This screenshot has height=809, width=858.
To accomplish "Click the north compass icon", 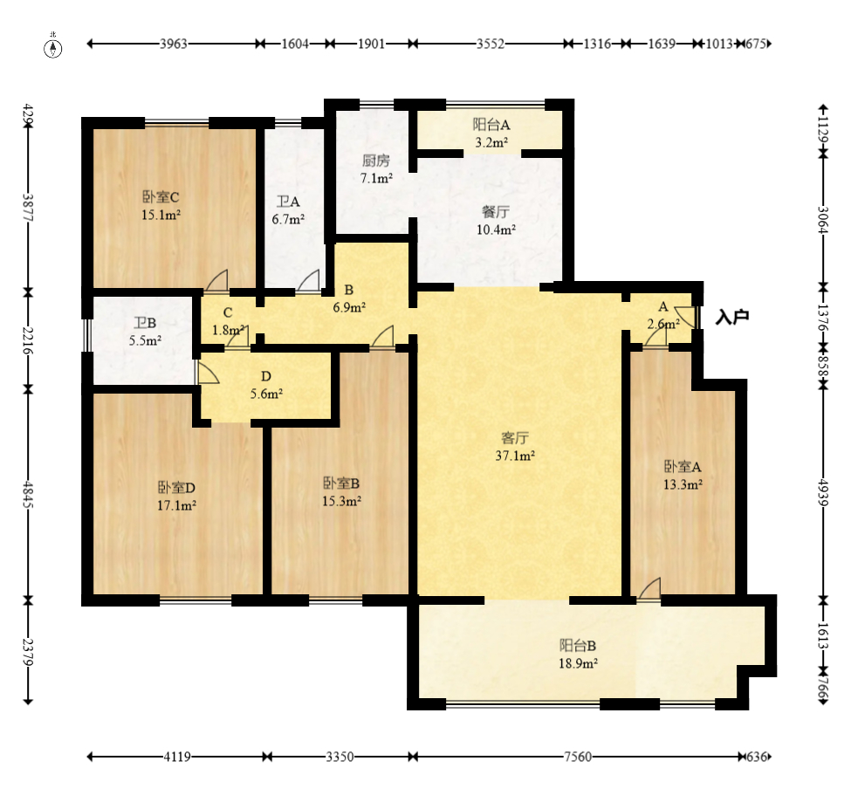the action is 53,48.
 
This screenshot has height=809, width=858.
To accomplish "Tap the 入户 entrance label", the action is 732,317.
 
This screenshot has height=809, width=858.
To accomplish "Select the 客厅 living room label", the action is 515,438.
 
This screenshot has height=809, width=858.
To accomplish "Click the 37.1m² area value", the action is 515,456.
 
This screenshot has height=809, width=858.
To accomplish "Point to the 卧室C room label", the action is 161,197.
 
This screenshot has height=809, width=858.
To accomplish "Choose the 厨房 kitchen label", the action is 376,161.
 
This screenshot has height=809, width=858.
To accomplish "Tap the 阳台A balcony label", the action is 491,126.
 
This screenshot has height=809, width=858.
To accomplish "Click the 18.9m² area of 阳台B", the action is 578,663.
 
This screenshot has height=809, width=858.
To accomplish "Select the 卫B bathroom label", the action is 145,323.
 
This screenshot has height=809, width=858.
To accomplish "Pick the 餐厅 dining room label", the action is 496,212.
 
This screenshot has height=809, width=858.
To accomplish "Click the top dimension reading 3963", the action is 174,44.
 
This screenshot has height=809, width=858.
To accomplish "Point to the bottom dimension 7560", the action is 578,757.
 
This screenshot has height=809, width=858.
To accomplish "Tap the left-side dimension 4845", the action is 28,495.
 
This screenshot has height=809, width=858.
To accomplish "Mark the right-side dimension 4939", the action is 824,495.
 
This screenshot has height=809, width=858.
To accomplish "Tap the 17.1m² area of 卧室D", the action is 176,506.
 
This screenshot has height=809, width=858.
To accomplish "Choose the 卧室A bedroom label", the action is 683,467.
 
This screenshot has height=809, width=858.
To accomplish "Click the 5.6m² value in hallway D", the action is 266,394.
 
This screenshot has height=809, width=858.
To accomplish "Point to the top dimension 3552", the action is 490,44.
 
